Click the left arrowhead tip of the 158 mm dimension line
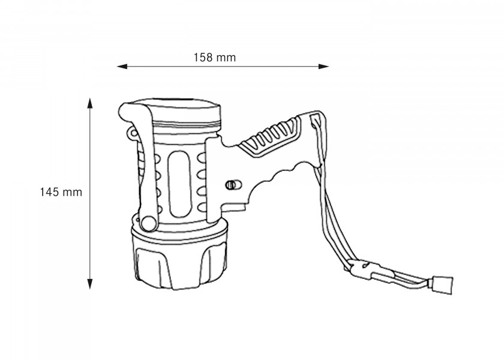pos(117,67)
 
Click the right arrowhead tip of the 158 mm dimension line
pos(329,67)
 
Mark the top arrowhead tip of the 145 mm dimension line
pos(90,98)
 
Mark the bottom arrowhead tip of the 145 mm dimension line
pos(90,289)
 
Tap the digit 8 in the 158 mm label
pos(209,58)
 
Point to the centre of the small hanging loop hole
pos(133,133)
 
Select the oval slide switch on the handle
pos(233,185)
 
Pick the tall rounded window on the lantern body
pos(179,184)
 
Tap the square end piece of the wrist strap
pos(443,284)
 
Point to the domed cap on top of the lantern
pos(176,113)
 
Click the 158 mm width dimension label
pos(215,58)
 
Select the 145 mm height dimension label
pos(61,192)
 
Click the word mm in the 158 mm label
pos(226,58)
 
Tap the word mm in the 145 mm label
pos(73,193)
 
